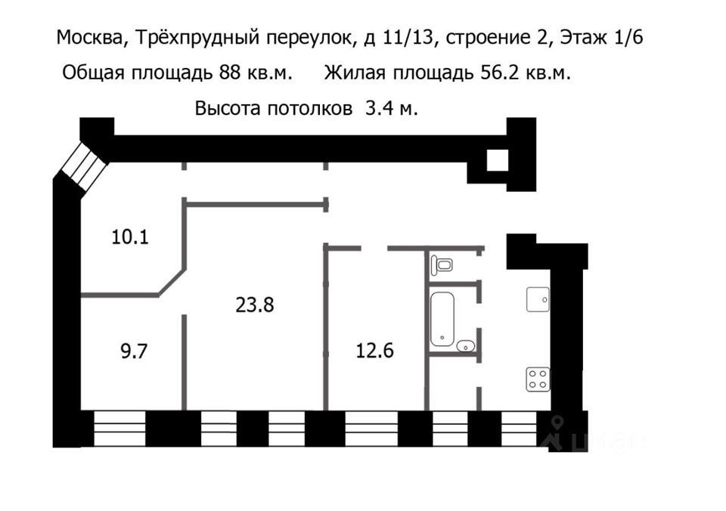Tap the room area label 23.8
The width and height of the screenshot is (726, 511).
[254, 305]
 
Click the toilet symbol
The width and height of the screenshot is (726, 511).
[442, 265]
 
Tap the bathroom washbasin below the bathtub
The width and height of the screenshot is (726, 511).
[466, 346]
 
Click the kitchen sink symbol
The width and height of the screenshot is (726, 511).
[538, 300]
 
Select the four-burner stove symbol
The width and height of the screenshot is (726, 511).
[538, 379]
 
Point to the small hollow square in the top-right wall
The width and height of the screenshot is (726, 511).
[498, 160]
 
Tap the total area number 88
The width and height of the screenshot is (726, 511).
[230, 73]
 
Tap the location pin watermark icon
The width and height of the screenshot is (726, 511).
[556, 432]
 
